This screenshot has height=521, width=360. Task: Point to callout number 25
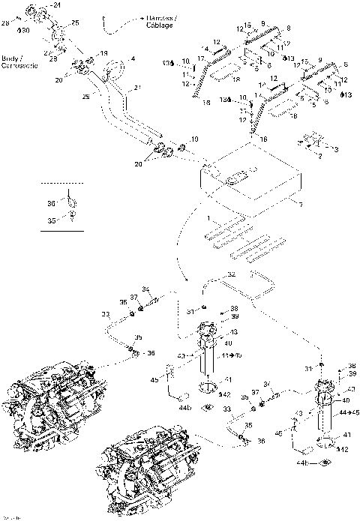point(74,23)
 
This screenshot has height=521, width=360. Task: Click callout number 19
point(104,53)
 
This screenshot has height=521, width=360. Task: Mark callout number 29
point(87,98)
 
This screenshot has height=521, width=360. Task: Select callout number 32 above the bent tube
point(232,274)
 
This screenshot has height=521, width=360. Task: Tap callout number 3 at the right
point(335,149)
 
